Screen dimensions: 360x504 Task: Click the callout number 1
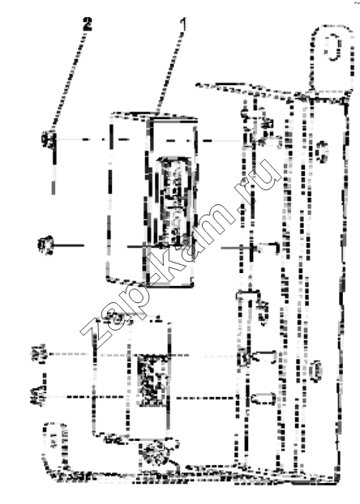183,24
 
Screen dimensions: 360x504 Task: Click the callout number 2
88,24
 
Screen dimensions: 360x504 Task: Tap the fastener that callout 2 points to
49,139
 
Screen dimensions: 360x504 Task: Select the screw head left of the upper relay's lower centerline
45,246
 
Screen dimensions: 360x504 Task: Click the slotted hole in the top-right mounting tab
332,48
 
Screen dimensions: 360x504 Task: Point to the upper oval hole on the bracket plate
321,152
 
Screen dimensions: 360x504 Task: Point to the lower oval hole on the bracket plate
316,371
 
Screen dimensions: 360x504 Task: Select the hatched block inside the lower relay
153,380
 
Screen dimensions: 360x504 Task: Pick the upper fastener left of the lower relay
39,353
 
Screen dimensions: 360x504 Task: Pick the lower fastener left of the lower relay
39,396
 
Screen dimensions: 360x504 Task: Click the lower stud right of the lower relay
264,399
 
